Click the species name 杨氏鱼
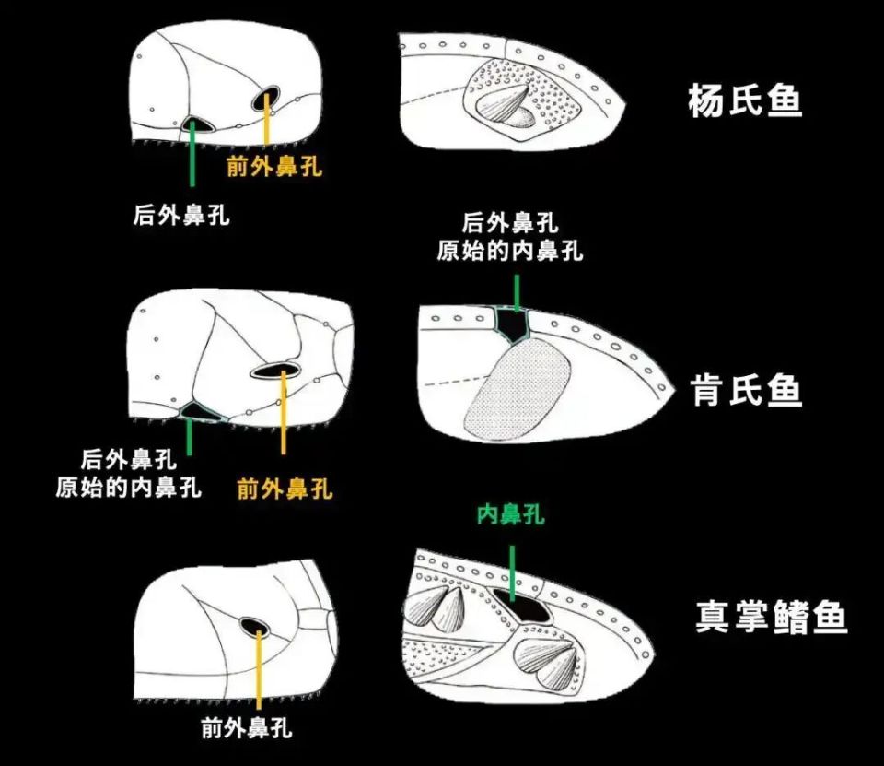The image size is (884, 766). (745, 101)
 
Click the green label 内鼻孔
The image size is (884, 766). (510, 514)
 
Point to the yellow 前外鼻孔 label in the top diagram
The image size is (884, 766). (274, 167)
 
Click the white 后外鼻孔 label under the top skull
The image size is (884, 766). (181, 217)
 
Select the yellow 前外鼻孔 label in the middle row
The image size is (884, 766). (285, 489)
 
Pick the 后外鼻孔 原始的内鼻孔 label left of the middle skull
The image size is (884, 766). (129, 473)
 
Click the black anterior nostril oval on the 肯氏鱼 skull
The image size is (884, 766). (275, 371)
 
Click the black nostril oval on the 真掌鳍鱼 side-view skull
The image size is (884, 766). (253, 627)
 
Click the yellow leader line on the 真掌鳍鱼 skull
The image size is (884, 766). (261, 672)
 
